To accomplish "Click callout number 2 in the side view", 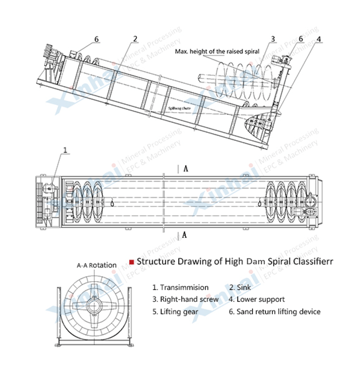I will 135,39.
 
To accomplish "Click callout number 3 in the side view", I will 273,39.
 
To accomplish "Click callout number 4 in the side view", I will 319,39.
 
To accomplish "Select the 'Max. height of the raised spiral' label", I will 217,51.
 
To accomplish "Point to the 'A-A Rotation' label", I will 96,265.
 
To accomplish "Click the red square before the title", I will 132,262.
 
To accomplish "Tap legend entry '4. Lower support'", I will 257,299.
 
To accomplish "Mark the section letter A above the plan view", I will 186,169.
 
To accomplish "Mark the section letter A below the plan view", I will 185,235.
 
